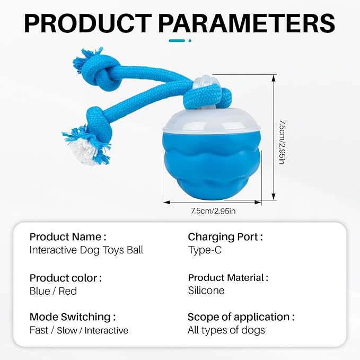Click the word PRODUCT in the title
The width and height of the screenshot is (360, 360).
(88, 23)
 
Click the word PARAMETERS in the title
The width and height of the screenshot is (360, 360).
(247, 23)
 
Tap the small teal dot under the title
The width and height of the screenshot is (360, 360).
(190, 41)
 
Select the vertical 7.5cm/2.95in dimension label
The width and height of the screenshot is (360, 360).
(282, 142)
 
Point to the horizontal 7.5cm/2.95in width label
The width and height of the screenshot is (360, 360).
(213, 211)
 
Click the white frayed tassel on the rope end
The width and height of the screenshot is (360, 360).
(83, 151)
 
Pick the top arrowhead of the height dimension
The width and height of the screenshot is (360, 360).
(273, 78)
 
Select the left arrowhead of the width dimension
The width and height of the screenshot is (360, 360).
(166, 203)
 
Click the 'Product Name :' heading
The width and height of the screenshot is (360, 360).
(68, 236)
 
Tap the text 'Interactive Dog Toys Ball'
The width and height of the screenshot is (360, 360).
(86, 250)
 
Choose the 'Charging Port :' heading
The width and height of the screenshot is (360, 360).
(225, 237)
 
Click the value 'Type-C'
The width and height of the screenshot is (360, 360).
(205, 250)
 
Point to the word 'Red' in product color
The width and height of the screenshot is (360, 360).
(68, 291)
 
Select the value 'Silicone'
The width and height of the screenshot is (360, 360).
(206, 291)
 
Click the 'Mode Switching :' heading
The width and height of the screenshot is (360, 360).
(73, 317)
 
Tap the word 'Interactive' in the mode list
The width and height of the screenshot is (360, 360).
(106, 330)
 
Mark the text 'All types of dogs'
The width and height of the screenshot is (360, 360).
(226, 330)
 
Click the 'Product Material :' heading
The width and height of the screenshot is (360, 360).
(228, 278)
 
